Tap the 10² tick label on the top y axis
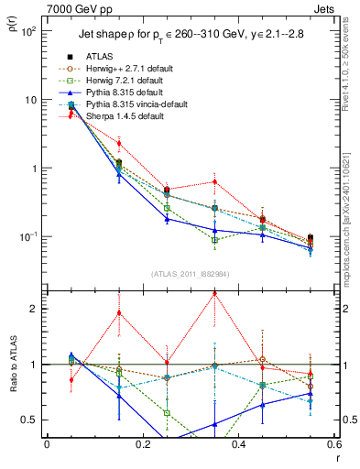[28, 31]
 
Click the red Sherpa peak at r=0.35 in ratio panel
[214, 294]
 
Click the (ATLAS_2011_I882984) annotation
[189, 274]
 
